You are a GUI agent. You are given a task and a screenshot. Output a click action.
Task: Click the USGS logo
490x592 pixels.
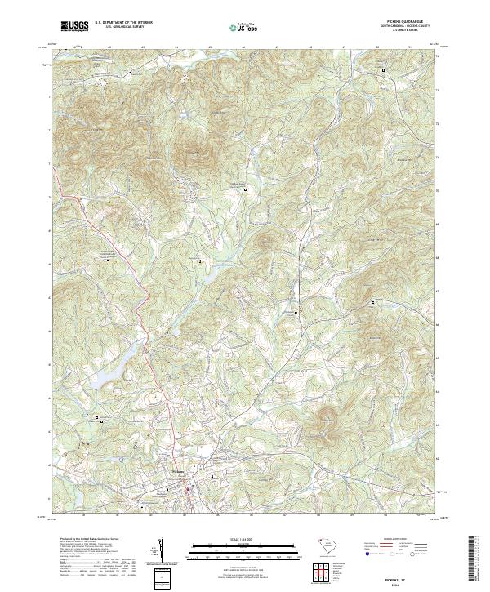pyautogui.click(x=75, y=26)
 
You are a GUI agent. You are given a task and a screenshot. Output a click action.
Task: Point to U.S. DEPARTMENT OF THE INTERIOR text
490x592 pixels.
pyautogui.click(x=123, y=23)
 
